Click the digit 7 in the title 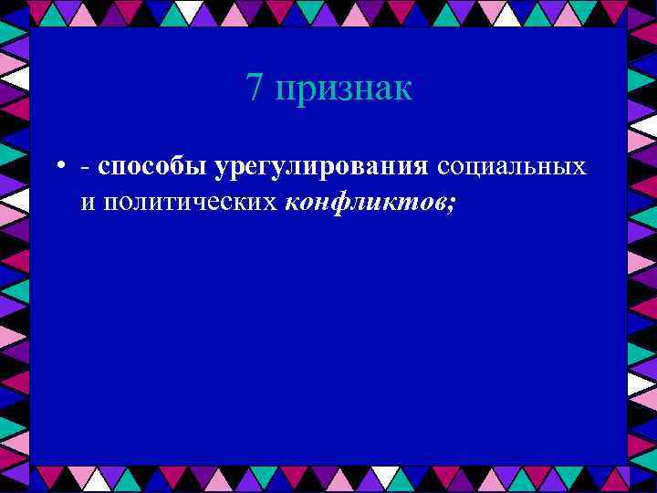255,89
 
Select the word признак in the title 343,90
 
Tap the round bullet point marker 57,167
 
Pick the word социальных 511,168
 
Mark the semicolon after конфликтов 451,203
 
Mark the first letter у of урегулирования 221,170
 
